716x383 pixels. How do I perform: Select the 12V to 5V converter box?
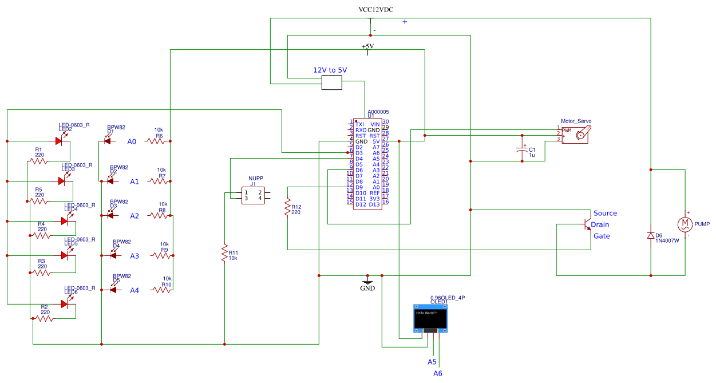331,83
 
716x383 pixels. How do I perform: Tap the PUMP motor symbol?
685,224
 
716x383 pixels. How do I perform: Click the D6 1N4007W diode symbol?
651,235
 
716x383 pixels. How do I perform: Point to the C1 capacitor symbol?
522,150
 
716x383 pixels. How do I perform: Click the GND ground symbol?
367,281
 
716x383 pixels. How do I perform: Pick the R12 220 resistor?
287,208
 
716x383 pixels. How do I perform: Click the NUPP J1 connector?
252,195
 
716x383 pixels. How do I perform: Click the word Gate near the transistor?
601,236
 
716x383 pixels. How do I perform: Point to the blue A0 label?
132,141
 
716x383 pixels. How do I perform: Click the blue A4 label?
134,290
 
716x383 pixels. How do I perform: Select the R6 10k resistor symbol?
156,141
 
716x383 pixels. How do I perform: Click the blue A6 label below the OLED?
438,373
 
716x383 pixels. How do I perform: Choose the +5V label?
367,46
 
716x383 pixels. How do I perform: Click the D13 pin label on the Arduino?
374,204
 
